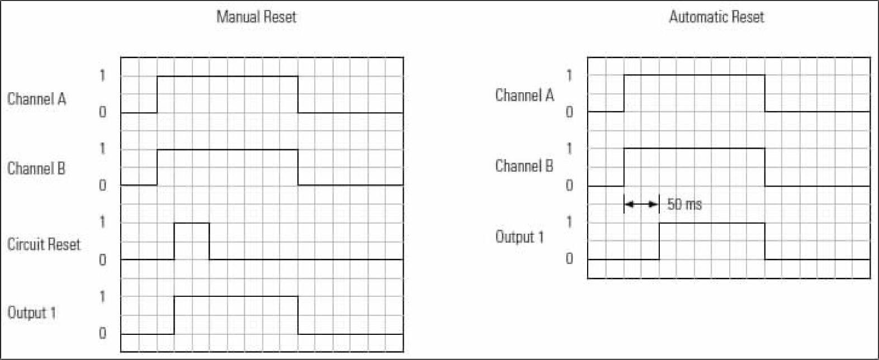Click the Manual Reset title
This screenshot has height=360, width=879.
[x=256, y=17]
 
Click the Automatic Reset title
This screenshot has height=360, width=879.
[x=716, y=17]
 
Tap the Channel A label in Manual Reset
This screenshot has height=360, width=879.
[x=36, y=99]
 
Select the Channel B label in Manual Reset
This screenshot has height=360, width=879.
[x=36, y=168]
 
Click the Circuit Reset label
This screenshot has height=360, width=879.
[x=44, y=244]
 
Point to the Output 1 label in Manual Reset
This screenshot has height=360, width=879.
[x=32, y=312]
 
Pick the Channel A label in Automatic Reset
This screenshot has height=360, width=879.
[x=524, y=95]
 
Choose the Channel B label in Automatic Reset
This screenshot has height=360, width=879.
[x=524, y=165]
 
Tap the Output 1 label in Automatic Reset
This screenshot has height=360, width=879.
[x=519, y=236]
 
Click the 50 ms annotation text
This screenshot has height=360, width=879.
[x=684, y=204]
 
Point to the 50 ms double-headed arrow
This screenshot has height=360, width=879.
[x=641, y=204]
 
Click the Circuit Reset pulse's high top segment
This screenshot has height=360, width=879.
[x=192, y=223]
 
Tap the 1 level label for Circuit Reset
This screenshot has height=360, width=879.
[x=102, y=222]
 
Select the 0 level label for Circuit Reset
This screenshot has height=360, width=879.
[x=102, y=260]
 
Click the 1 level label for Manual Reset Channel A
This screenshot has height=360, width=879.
[x=102, y=75]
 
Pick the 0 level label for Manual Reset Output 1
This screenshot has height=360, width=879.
[x=102, y=334]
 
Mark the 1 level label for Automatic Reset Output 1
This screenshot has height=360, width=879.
[x=569, y=222]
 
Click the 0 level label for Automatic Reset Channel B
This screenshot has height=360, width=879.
[x=569, y=185]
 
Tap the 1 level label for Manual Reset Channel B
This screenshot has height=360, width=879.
[x=102, y=149]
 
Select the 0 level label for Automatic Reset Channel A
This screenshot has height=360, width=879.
[x=569, y=112]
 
